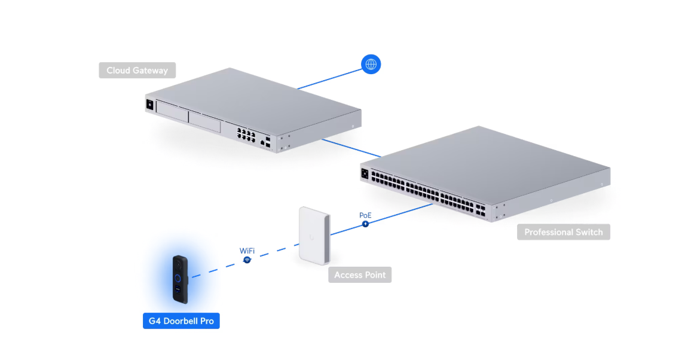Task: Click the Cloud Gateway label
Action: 137,71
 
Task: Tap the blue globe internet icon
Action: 371,64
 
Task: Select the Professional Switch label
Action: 563,232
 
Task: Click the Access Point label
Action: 359,275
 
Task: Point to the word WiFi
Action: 247,251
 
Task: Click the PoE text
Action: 365,215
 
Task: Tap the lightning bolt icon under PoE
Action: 365,224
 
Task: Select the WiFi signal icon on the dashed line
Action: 247,260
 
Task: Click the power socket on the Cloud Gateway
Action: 149,105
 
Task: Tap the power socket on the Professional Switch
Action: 364,174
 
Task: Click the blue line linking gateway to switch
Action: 350,148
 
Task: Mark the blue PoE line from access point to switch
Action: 395,216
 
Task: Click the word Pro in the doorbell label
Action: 207,321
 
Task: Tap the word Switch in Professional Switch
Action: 589,232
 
